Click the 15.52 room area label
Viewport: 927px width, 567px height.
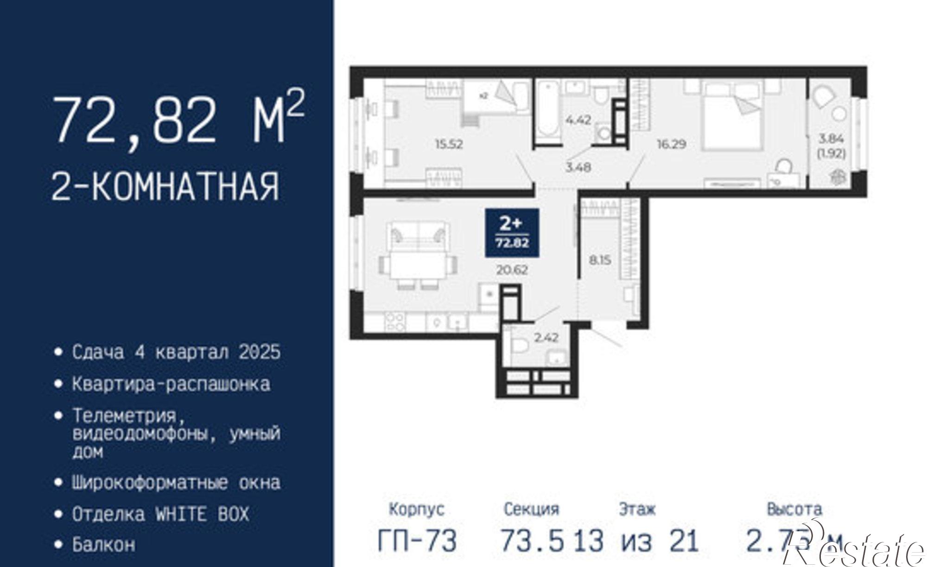(x=449, y=144)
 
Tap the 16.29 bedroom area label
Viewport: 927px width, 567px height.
(x=671, y=144)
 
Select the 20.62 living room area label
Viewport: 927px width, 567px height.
(x=512, y=270)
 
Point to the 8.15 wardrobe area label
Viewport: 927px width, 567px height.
(x=600, y=261)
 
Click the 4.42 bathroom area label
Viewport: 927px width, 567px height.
(x=578, y=120)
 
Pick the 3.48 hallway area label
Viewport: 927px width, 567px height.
(x=578, y=167)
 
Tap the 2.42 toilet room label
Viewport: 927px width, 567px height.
(x=546, y=338)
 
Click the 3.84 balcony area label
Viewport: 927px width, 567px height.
(x=832, y=139)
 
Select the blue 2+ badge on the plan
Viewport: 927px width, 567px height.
(x=512, y=232)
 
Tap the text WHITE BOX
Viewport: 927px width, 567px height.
(x=202, y=514)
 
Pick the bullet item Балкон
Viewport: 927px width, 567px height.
(x=103, y=544)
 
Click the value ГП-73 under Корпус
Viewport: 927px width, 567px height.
(x=417, y=541)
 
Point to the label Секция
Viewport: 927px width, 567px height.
(x=531, y=509)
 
